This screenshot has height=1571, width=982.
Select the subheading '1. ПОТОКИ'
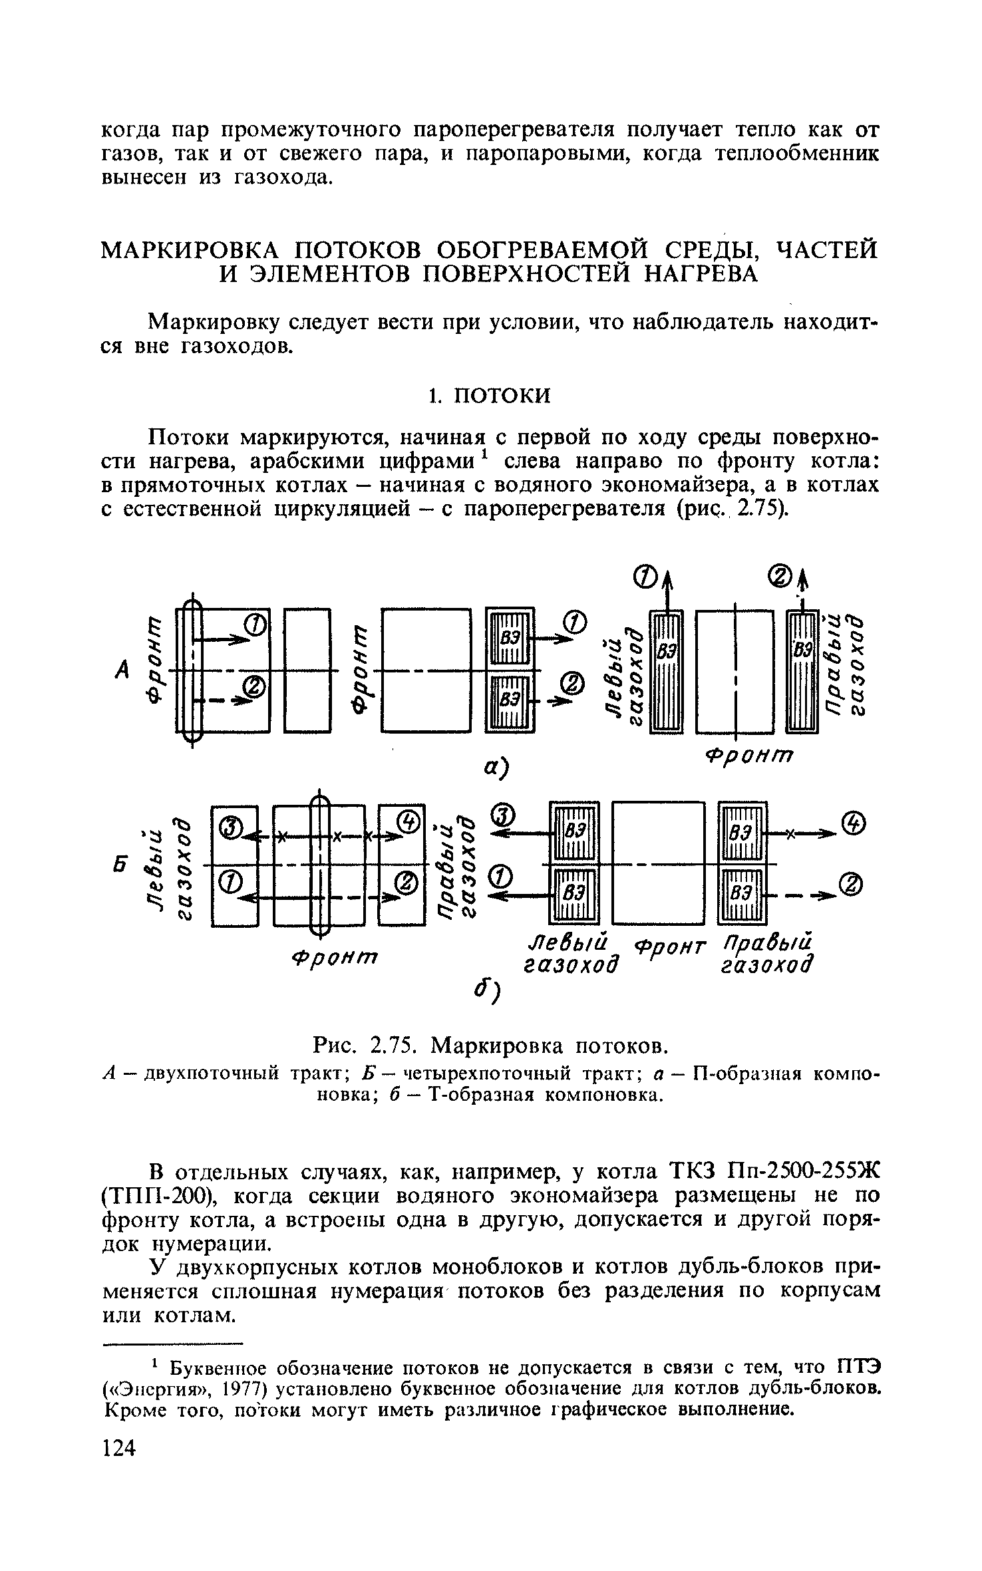pos(489,396)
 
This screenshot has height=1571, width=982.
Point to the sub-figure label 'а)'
pos(496,767)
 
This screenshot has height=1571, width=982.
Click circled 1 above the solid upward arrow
pos(648,575)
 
